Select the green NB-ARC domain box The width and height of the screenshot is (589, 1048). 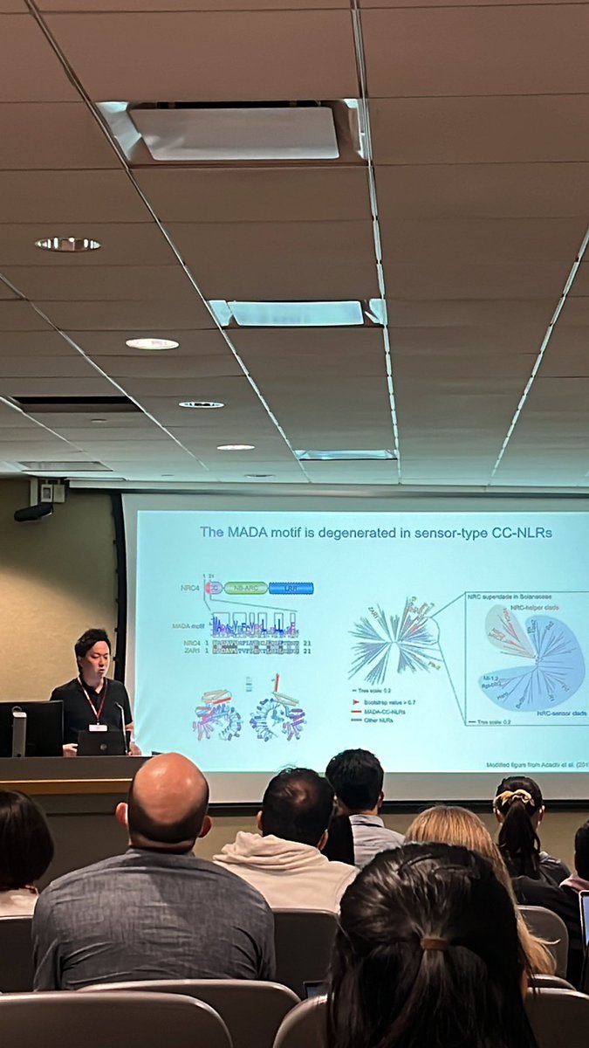click(245, 588)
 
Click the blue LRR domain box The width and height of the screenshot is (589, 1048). click(291, 588)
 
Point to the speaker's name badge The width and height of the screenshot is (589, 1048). click(97, 725)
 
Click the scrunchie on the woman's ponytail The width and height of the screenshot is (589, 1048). click(516, 796)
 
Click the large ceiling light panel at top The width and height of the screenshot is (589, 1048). click(233, 132)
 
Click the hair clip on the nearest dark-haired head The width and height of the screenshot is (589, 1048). click(434, 944)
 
